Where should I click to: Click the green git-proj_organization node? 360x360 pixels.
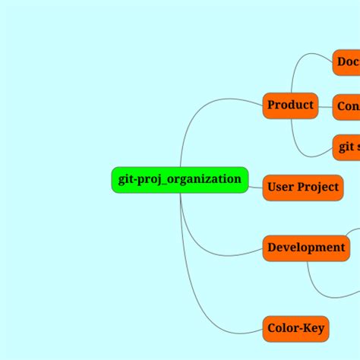(179, 180)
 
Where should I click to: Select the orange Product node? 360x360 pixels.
(290, 105)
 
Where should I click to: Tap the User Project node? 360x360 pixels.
(302, 187)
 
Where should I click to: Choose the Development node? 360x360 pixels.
(306, 248)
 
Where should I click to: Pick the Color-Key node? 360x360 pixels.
(295, 329)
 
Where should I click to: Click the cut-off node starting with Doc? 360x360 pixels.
(346, 62)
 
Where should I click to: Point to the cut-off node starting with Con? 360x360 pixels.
(346, 107)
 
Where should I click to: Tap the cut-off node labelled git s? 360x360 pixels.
(346, 147)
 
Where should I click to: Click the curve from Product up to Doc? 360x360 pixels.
(298, 65)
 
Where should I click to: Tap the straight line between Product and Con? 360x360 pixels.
(326, 106)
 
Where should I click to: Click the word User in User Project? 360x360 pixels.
(281, 187)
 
